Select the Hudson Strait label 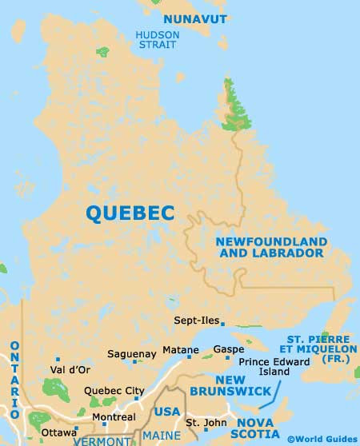[157, 41]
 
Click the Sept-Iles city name [195, 321]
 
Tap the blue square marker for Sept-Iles [222, 324]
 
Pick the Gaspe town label [228, 350]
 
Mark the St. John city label [201, 422]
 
